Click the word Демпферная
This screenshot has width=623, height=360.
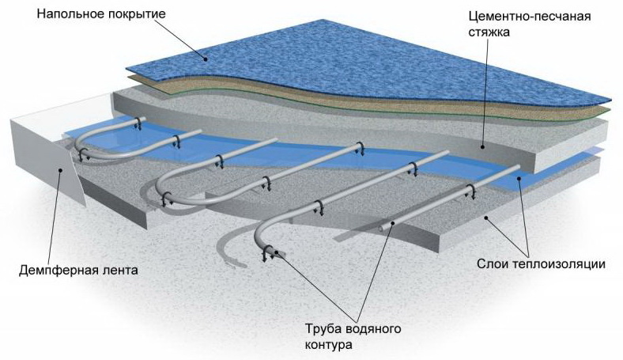tap(55, 270)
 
